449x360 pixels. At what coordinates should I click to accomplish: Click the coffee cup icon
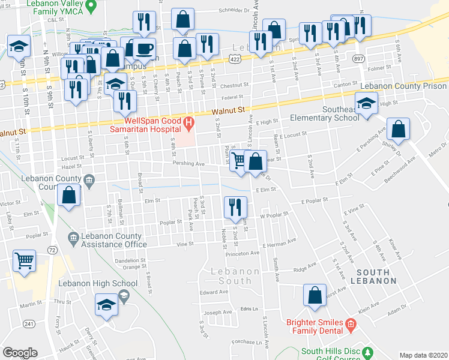pyautogui.click(x=144, y=47)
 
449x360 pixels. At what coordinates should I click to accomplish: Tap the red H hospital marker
pyautogui.click(x=190, y=125)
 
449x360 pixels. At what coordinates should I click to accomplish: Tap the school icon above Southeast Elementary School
pyautogui.click(x=366, y=103)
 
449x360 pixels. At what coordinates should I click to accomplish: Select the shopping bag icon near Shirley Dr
pyautogui.click(x=398, y=128)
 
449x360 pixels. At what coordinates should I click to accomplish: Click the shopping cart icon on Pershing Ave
pyautogui.click(x=239, y=160)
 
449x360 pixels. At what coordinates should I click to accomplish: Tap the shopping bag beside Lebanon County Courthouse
pyautogui.click(x=69, y=196)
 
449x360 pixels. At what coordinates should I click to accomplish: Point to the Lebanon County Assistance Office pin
pyautogui.click(x=73, y=238)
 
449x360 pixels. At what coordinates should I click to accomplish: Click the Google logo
pyautogui.click(x=20, y=353)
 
